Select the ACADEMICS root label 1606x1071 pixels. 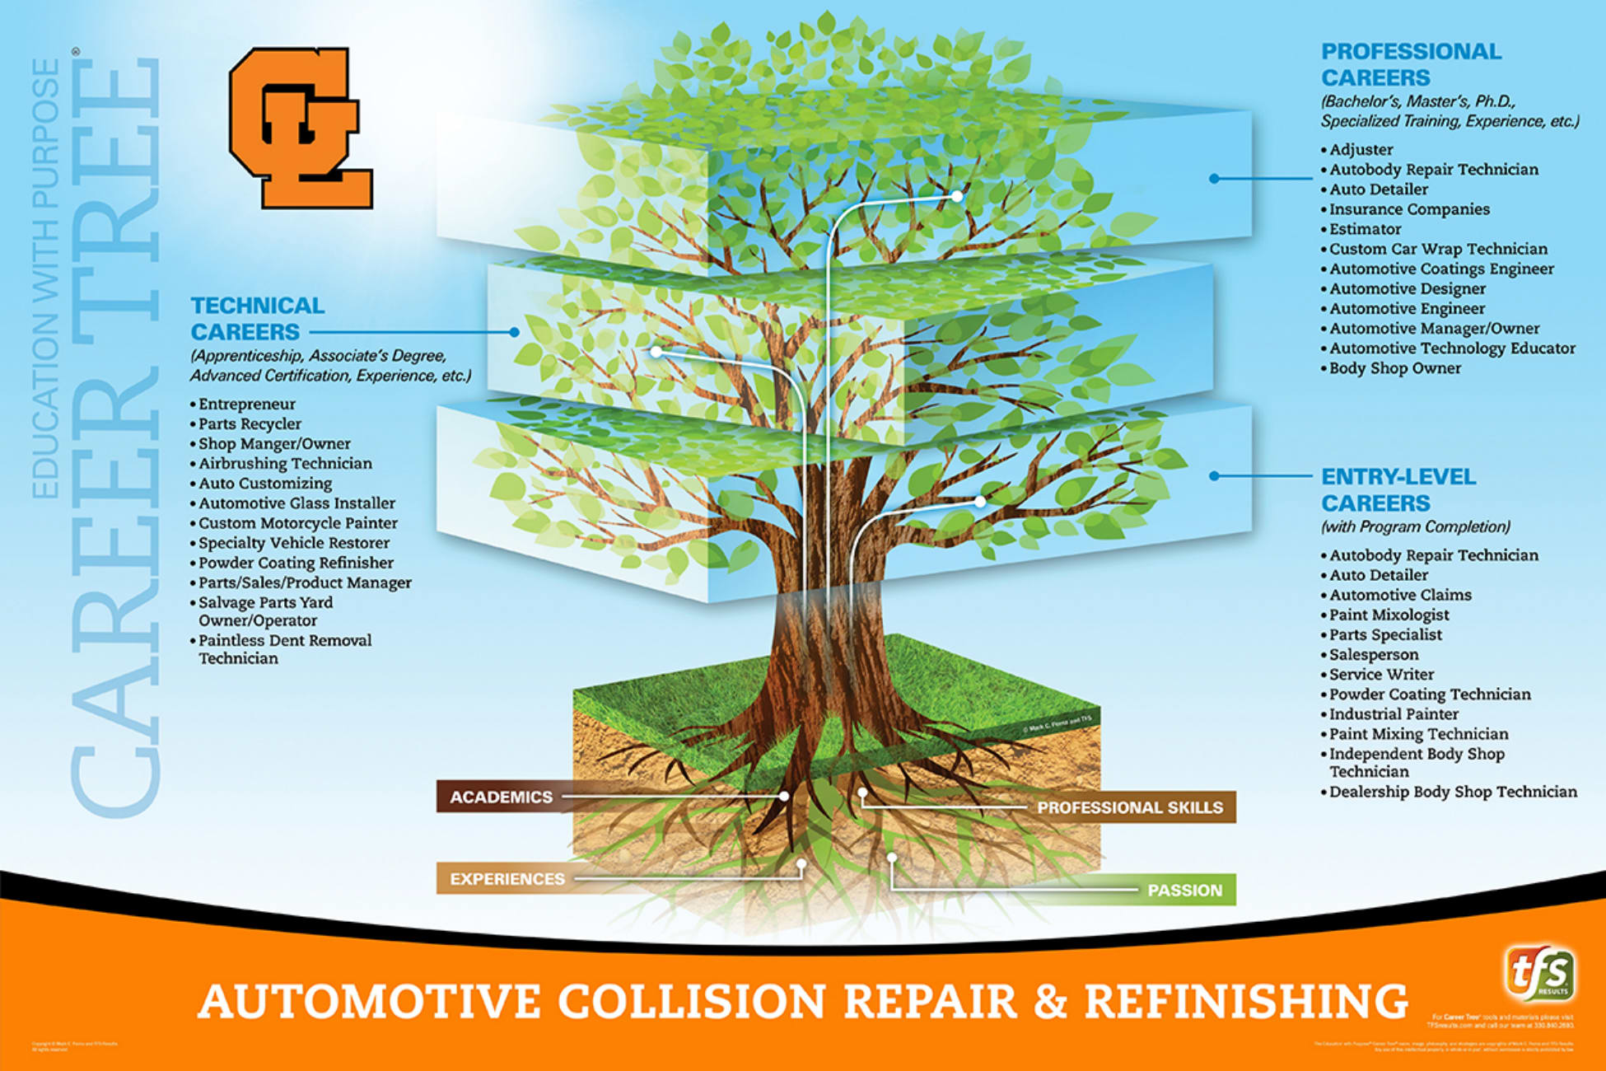click(501, 797)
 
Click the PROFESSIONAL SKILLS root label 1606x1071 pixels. click(1130, 807)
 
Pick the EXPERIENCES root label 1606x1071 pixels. click(507, 879)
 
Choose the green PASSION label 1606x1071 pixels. click(1184, 890)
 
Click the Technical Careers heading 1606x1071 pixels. click(257, 319)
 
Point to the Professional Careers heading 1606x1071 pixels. click(1411, 64)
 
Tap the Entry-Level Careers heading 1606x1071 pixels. click(1398, 489)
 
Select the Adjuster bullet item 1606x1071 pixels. click(1361, 150)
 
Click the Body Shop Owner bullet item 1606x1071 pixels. click(1394, 368)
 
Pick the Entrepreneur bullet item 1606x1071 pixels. click(246, 404)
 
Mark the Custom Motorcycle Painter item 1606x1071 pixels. click(297, 523)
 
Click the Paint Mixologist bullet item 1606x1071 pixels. click(1389, 615)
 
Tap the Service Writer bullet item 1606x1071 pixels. click(1381, 675)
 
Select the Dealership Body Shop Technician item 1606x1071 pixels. click(1453, 792)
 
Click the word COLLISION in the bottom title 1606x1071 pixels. click(692, 1001)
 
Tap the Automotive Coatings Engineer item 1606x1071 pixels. click(1441, 269)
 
